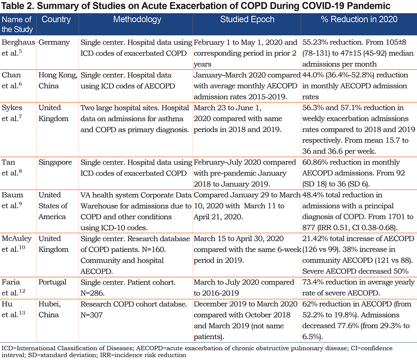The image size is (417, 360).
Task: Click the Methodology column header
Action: [137, 20]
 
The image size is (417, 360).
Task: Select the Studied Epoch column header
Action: [247, 20]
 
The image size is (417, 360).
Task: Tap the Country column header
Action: [56, 20]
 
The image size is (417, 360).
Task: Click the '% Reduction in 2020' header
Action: [359, 20]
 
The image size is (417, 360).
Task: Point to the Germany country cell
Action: [54, 42]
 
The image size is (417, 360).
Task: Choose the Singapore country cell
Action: [55, 162]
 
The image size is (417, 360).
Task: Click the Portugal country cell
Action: [53, 282]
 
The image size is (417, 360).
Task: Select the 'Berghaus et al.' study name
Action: [18, 47]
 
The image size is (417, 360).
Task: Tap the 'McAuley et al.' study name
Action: [17, 244]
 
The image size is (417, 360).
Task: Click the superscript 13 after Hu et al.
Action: [22, 313]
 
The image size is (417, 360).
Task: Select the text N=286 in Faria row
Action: [92, 293]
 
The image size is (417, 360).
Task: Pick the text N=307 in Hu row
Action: [92, 315]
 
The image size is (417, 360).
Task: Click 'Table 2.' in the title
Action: [18, 6]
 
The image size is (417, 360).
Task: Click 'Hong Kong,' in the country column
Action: [58, 75]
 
